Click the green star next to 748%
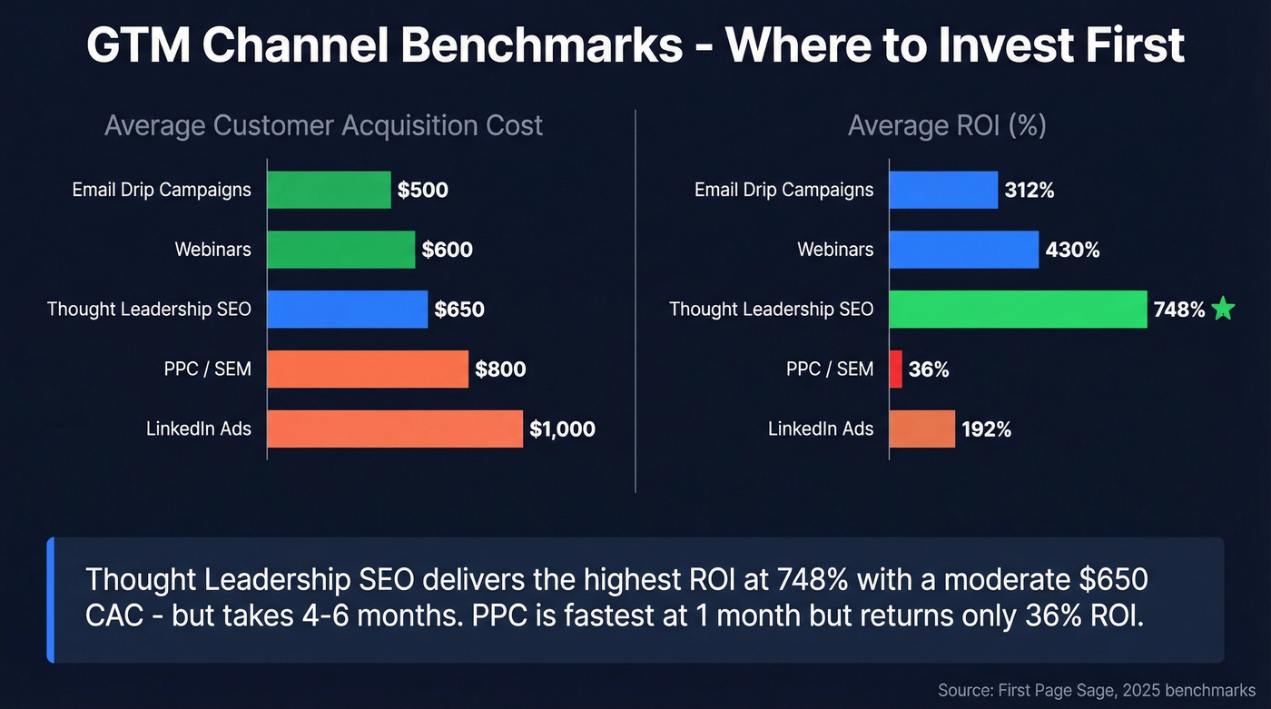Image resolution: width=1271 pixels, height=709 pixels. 1223,310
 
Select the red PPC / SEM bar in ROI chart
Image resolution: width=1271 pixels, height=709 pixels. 896,369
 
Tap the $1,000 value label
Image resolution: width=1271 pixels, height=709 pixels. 562,429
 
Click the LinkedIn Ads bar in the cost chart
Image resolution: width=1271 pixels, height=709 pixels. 395,428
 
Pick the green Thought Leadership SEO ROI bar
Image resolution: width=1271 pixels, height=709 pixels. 1018,310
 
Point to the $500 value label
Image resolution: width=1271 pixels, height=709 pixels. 423,191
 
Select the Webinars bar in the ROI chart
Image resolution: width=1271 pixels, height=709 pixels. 963,250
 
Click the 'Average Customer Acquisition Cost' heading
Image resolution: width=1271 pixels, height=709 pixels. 323,125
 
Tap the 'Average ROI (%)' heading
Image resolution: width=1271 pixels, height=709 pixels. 947,125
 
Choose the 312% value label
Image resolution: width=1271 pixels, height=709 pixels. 1030,191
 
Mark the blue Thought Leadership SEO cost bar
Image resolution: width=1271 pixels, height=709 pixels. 348,310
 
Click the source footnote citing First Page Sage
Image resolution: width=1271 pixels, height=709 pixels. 1097,691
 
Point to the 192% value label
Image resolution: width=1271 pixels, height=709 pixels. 987,429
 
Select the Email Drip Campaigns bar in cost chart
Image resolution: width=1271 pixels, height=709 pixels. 330,191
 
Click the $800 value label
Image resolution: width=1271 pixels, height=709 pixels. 500,369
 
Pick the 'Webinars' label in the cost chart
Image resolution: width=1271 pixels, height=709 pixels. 212,250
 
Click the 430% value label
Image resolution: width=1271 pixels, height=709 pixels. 1072,250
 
